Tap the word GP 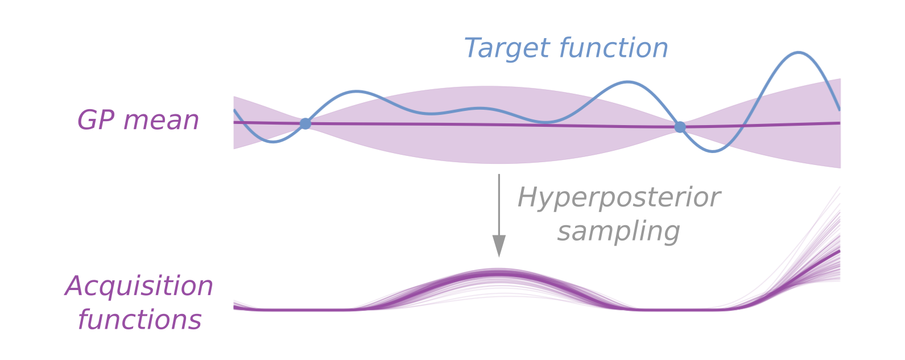pyautogui.click(x=96, y=121)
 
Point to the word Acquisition pyautogui.click(x=139, y=285)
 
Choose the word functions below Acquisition pyautogui.click(x=139, y=320)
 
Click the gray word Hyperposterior pyautogui.click(x=619, y=198)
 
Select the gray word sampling pyautogui.click(x=619, y=232)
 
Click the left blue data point pyautogui.click(x=305, y=123)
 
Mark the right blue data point pyautogui.click(x=680, y=127)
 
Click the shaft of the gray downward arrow pyautogui.click(x=499, y=205)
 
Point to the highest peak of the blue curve pyautogui.click(x=799, y=53)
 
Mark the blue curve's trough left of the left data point pyautogui.click(x=274, y=142)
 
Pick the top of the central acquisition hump pyautogui.click(x=499, y=274)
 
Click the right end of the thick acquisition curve pyautogui.click(x=839, y=251)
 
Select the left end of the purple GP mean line pyautogui.click(x=235, y=122)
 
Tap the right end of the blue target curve pyautogui.click(x=840, y=109)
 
